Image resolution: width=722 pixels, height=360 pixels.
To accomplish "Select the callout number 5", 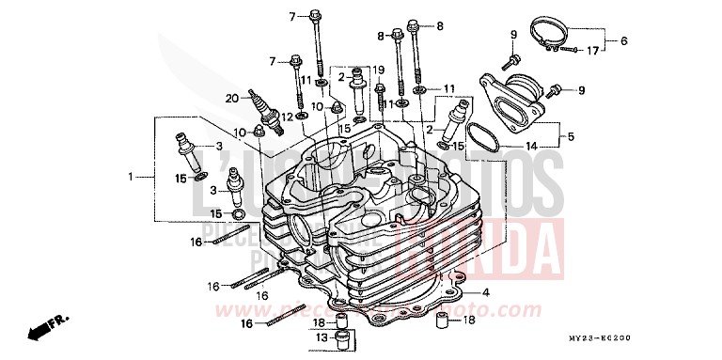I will pos(568,136).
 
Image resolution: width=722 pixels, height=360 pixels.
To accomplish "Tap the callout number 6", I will pos(622,40).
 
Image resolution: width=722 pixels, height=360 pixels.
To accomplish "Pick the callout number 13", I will pos(320,336).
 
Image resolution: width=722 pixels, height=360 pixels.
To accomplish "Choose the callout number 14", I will pos(531,146).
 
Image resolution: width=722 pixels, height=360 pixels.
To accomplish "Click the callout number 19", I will pos(379,70).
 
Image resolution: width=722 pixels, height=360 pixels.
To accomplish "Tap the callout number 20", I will pos(231,98).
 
